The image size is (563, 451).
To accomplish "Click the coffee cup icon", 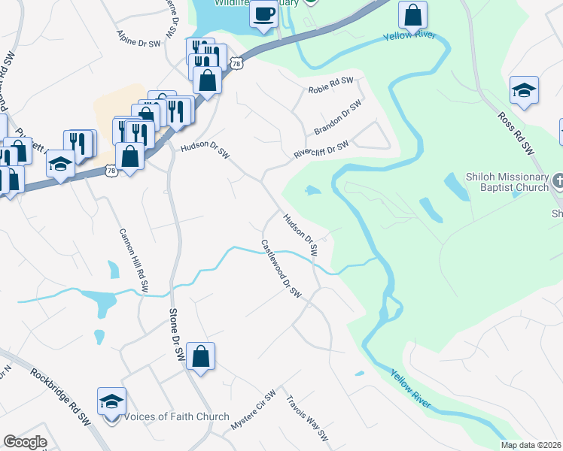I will click(x=264, y=14).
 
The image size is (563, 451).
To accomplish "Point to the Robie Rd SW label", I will click(x=330, y=85).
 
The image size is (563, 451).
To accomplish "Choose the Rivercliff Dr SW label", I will click(x=321, y=149).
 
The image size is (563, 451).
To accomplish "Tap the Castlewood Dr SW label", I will click(x=281, y=268).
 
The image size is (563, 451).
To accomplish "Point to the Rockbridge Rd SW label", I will click(x=60, y=396).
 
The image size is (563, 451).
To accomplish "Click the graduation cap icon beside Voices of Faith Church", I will click(x=111, y=401).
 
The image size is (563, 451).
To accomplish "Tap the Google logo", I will click(x=25, y=442).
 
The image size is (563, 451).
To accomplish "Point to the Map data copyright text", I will click(x=531, y=445).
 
